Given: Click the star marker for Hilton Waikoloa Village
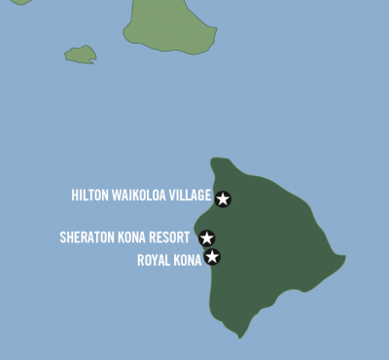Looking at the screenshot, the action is tap(223, 198).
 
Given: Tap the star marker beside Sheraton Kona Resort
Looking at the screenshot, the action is tap(206, 237).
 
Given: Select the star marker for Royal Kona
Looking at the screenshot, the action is tap(212, 257).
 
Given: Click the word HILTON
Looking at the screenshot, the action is tap(90, 196).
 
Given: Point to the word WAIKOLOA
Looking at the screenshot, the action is tap(141, 196).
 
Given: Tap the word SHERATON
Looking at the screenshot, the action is tap(86, 236).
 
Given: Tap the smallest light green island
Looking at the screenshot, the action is tap(80, 54).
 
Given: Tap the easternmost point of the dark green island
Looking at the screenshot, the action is tap(345, 259).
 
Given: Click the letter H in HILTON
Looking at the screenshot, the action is tap(75, 196).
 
